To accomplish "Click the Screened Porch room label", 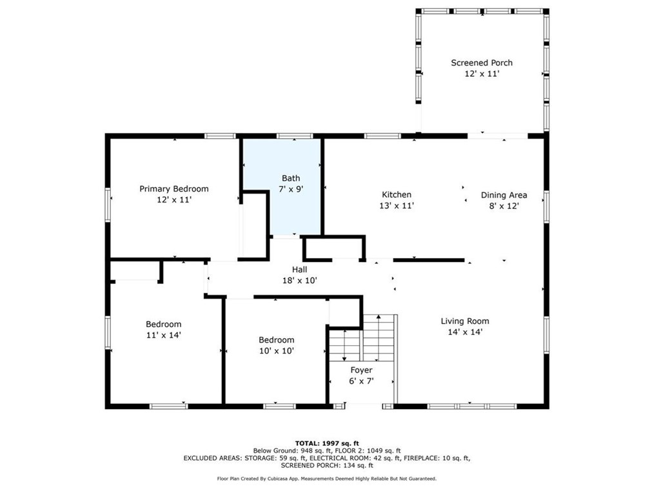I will pos(481,63).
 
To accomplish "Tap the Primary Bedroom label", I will pos(173,189).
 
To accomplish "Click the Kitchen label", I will pos(396,194).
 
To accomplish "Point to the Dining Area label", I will pos(504,195).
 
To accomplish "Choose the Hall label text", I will pos(299,269).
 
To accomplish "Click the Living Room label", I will pos(464,321).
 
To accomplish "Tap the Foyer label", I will pos(361,370).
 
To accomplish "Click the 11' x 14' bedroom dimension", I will pos(163,335).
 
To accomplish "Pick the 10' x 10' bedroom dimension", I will pos(276,351).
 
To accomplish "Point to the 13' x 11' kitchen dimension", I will pos(396,206).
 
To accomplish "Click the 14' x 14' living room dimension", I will pos(464,332).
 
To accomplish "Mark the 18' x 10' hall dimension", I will pos(299,280).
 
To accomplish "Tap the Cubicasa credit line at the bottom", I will pos(326,478).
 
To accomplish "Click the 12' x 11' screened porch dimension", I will pos(481,74).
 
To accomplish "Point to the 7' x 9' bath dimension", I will pos(290,190).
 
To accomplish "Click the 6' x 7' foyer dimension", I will pos(361,381).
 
